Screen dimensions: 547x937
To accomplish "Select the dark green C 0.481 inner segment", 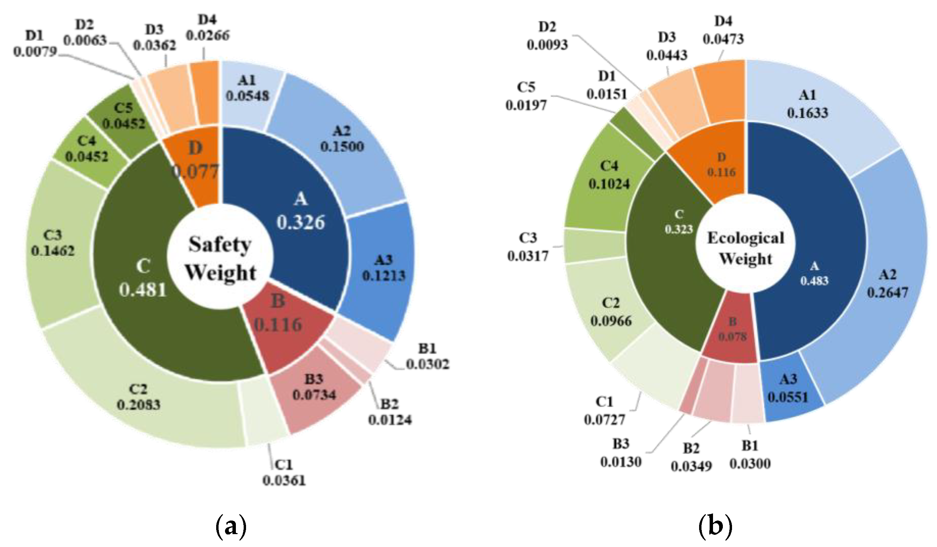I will pyautogui.click(x=143, y=279).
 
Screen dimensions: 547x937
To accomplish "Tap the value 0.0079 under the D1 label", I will pyautogui.click(x=35, y=52).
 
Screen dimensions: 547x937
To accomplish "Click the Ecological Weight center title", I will pyautogui.click(x=746, y=248).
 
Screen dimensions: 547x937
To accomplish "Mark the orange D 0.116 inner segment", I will pyautogui.click(x=722, y=165).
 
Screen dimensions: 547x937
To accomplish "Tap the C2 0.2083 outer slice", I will pyautogui.click(x=138, y=397).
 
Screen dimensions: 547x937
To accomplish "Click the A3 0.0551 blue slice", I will pyautogui.click(x=788, y=389).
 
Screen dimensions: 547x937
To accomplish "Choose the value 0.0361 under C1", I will pyautogui.click(x=284, y=480).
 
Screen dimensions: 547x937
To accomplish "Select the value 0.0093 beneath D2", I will pyautogui.click(x=547, y=45).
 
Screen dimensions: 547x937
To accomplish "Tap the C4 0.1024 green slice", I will pyautogui.click(x=609, y=175).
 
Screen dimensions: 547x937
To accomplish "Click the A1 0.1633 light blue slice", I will pyautogui.click(x=808, y=104).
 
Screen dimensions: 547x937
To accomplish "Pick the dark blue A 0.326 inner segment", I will pyautogui.click(x=300, y=212).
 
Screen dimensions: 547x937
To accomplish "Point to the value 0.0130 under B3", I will pyautogui.click(x=621, y=462).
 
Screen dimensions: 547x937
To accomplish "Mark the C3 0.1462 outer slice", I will pyautogui.click(x=53, y=244).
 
